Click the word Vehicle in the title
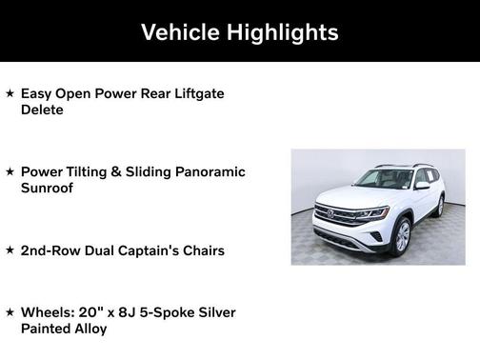[178, 32]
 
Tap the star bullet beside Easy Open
[10, 94]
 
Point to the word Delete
[42, 110]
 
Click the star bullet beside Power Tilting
[10, 172]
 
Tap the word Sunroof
[48, 188]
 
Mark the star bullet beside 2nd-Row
[10, 250]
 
